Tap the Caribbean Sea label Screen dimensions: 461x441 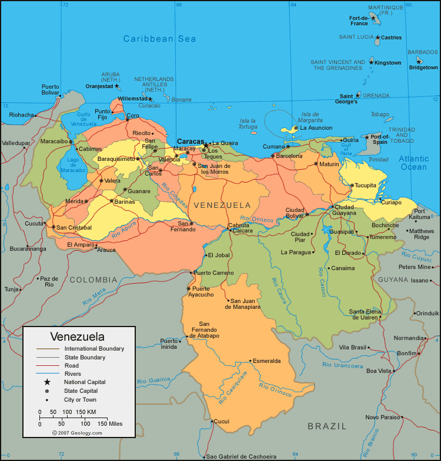click(x=159, y=39)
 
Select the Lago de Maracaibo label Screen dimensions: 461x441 click(x=76, y=165)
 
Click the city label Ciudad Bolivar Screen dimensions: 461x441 click(x=295, y=213)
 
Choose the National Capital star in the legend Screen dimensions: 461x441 click(x=47, y=382)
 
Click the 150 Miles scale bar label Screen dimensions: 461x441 click(x=110, y=423)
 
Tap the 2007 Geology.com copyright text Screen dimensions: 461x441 click(x=76, y=433)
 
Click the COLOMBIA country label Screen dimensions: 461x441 click(x=93, y=280)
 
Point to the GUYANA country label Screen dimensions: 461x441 click(x=392, y=280)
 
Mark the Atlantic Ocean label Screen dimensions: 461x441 click(x=414, y=163)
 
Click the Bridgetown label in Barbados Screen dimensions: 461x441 click(x=423, y=68)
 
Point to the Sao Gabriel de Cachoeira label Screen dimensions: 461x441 click(x=241, y=456)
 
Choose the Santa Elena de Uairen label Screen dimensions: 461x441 click(x=363, y=314)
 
